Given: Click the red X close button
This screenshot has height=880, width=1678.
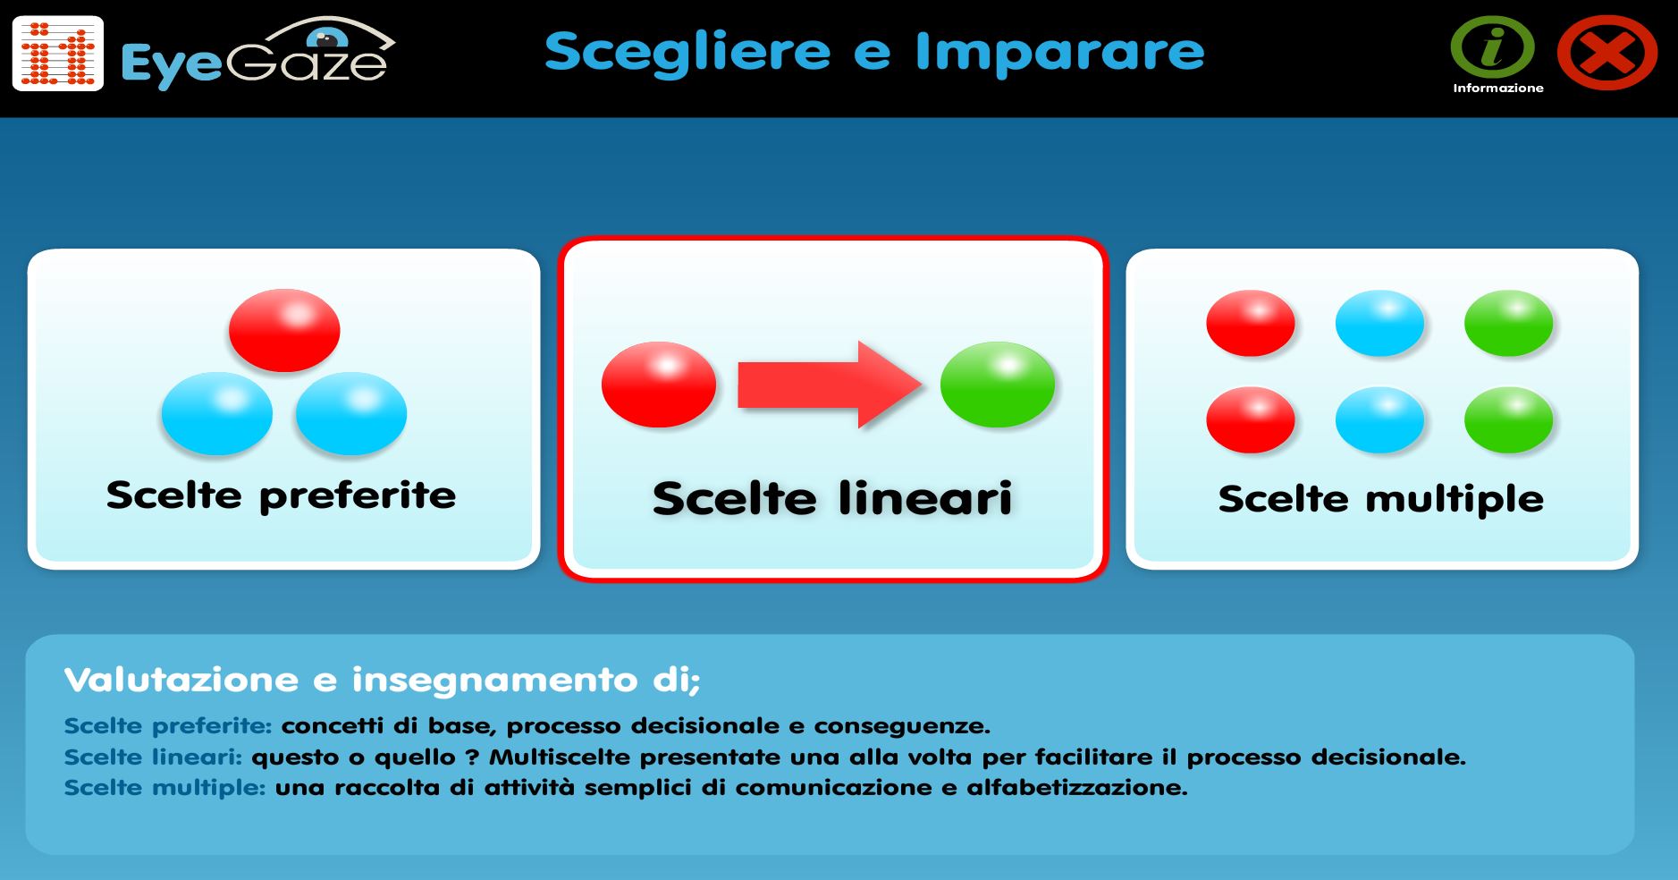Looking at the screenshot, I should coord(1606,53).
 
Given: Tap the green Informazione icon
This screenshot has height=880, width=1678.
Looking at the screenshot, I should coord(1492,47).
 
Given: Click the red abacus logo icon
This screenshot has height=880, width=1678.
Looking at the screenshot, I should coord(58,54).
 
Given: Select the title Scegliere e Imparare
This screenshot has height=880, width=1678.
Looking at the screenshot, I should coord(873,52).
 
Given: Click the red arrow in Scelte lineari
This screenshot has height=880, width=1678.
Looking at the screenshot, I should coord(828,385).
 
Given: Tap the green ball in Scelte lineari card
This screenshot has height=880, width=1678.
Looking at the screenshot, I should coord(997,385).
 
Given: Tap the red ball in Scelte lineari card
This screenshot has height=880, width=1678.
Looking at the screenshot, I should coord(659,385).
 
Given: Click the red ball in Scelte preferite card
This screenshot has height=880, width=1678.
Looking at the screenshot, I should coord(284,330).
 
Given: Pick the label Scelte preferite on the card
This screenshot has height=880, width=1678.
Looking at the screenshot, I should coord(281,495).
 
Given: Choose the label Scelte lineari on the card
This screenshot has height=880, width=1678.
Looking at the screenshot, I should coord(832,498).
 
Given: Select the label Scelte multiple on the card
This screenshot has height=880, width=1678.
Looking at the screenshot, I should coord(1380,499).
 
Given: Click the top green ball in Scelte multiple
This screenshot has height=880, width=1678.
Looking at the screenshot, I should coord(1508,323).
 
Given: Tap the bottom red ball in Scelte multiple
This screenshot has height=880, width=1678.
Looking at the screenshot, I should coord(1250,419).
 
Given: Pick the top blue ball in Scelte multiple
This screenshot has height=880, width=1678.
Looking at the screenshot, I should coord(1379,323).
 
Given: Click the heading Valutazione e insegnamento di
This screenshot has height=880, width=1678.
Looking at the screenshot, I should coord(382,680).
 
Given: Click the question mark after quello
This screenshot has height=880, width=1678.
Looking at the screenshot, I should coord(472,757).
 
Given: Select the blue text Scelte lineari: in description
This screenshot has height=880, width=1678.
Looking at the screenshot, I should coord(153,757).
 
